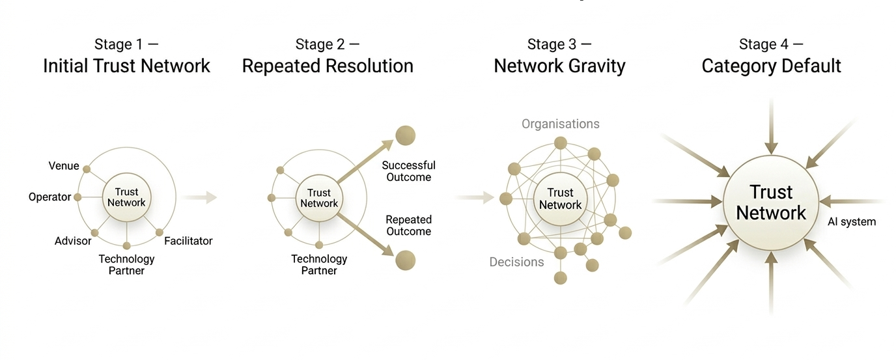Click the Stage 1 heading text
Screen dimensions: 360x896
click(126, 44)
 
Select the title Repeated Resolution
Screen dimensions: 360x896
click(328, 66)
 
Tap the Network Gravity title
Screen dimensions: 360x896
click(559, 66)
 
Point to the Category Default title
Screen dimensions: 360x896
click(771, 66)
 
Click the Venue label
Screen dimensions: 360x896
click(64, 166)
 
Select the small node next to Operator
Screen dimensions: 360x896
click(77, 197)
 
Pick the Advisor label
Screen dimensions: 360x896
click(72, 242)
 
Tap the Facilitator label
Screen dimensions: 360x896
click(188, 241)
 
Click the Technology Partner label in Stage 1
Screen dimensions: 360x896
click(126, 264)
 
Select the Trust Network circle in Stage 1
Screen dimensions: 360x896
click(127, 197)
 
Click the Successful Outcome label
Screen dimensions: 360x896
click(408, 171)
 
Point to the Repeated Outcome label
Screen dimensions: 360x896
click(408, 225)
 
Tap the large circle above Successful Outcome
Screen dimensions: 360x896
click(405, 135)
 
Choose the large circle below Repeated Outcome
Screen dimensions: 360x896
click(405, 260)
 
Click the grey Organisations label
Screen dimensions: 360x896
click(560, 124)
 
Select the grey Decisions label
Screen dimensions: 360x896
click(516, 262)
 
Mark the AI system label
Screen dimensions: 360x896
click(851, 222)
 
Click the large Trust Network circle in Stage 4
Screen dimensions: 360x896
click(771, 202)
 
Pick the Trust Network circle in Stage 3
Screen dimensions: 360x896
click(560, 199)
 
